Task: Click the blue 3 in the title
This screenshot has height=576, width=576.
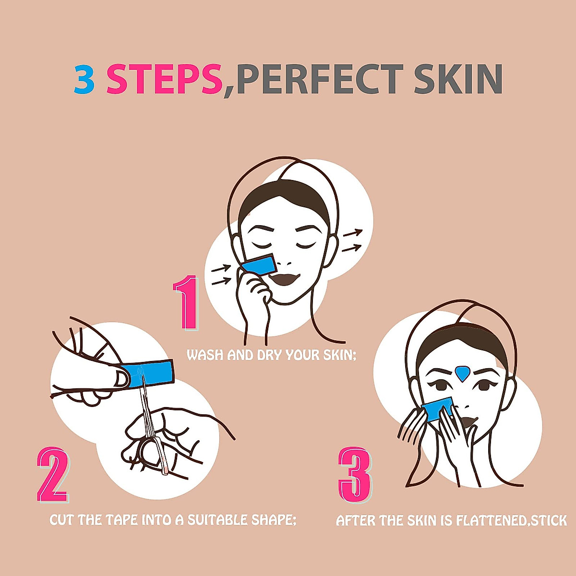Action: pyautogui.click(x=84, y=80)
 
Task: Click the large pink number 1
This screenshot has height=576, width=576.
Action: pyautogui.click(x=187, y=302)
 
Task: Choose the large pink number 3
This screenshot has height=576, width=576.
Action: pyautogui.click(x=355, y=474)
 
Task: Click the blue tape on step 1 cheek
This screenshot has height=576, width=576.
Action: pyautogui.click(x=259, y=265)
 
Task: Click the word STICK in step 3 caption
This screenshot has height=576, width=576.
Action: pyautogui.click(x=548, y=521)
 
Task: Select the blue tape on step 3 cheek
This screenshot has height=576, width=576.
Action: pyautogui.click(x=438, y=408)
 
